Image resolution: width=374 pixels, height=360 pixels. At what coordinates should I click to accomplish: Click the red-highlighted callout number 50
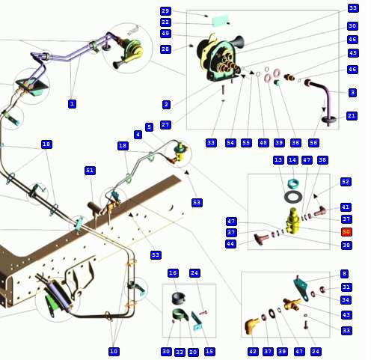pyautogui.click(x=346, y=232)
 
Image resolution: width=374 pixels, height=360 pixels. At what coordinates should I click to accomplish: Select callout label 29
pyautogui.click(x=165, y=11)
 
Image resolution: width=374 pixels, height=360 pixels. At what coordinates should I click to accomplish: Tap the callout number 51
pyautogui.click(x=90, y=171)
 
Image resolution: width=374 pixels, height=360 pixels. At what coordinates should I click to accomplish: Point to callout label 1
pyautogui.click(x=72, y=103)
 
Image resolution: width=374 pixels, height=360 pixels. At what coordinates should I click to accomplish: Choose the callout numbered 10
pyautogui.click(x=114, y=352)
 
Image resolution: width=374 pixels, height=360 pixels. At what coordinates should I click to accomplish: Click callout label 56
pyautogui.click(x=313, y=143)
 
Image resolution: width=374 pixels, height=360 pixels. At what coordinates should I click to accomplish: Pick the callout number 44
pyautogui.click(x=230, y=243)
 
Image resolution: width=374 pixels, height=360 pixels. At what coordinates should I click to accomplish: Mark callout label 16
pyautogui.click(x=173, y=273)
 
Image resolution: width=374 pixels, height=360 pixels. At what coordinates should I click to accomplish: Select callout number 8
pyautogui.click(x=344, y=274)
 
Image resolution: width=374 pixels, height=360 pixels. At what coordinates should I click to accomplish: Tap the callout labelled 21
pyautogui.click(x=352, y=116)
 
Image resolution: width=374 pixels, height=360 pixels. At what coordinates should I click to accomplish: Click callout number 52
pyautogui.click(x=346, y=182)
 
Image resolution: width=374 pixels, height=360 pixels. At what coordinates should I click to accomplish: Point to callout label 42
pyautogui.click(x=253, y=352)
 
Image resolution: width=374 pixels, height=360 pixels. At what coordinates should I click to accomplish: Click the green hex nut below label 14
pyautogui.click(x=292, y=183)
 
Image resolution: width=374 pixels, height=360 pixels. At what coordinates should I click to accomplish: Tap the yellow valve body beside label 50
pyautogui.click(x=292, y=222)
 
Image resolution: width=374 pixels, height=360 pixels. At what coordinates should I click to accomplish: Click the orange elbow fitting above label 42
pyautogui.click(x=251, y=326)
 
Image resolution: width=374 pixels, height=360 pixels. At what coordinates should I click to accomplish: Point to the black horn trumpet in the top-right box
pyautogui.click(x=238, y=42)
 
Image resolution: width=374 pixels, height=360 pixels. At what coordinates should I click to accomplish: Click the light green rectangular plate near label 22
pyautogui.click(x=221, y=20)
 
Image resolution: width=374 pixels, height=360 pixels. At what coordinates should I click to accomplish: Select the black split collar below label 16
pyautogui.click(x=178, y=298)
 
